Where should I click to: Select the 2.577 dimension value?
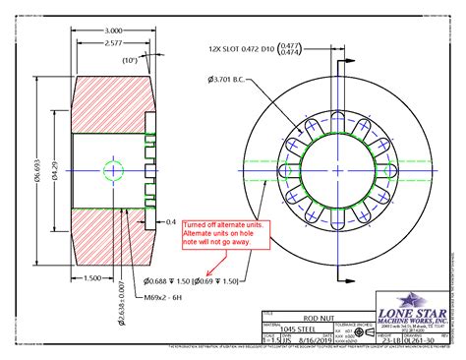tap(114, 44)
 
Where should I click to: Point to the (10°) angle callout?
tap(129, 60)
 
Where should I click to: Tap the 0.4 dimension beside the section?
tap(173, 222)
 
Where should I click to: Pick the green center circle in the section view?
tap(113, 169)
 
